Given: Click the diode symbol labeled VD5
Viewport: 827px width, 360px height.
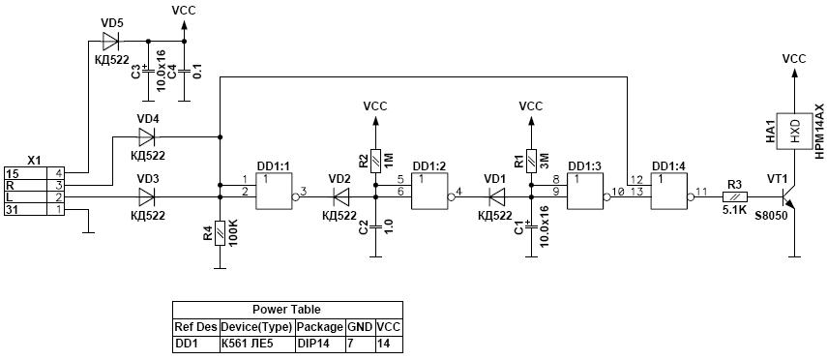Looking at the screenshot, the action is point(111,40).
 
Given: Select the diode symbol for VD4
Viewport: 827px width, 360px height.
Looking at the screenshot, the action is point(147,137).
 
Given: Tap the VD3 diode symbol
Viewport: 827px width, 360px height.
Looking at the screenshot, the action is point(147,196).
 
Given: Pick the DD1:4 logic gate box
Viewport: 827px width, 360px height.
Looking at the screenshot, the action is point(668,191).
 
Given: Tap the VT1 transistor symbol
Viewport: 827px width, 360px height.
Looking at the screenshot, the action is point(788,197).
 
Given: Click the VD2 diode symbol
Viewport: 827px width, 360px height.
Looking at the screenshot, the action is point(341,196).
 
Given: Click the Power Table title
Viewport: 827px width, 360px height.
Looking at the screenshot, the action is point(286,310).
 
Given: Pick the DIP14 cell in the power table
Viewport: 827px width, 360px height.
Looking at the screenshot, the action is point(313,345).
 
